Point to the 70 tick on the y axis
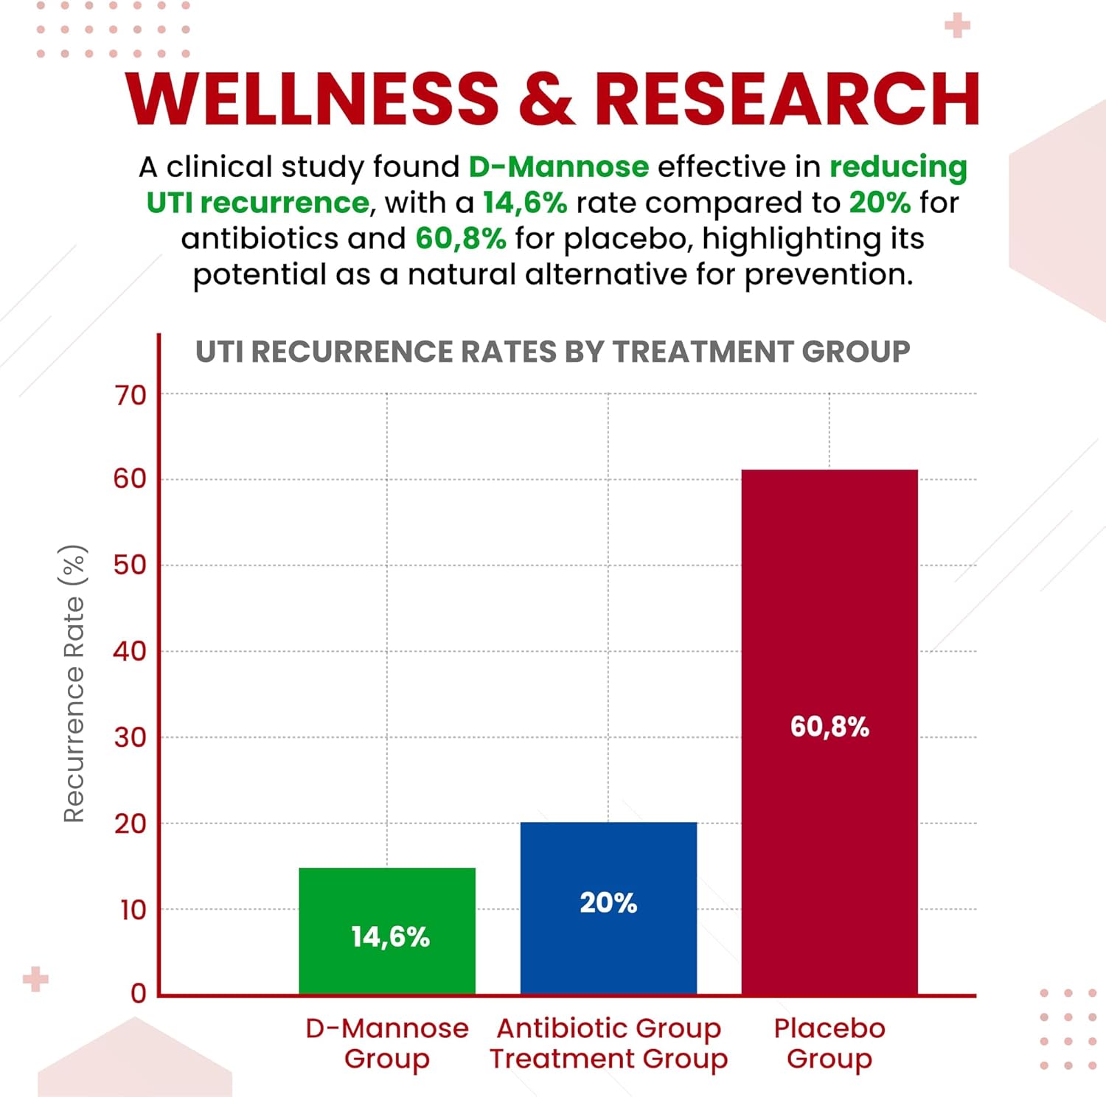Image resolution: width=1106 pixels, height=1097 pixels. [131, 396]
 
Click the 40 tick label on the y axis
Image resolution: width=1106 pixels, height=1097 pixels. [130, 652]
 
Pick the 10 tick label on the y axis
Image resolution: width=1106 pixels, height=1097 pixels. [133, 910]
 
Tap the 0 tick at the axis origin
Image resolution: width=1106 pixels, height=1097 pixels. [139, 994]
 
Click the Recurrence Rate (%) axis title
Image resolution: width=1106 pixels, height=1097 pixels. [74, 683]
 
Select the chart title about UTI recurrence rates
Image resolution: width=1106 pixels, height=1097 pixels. [552, 352]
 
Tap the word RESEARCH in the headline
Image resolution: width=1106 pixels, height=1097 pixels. [787, 100]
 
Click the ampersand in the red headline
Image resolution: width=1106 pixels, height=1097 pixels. [546, 100]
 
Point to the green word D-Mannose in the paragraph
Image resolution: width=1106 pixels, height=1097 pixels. [559, 167]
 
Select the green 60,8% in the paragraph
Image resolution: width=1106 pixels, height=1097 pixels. [461, 239]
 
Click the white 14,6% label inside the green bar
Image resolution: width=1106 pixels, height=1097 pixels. [390, 937]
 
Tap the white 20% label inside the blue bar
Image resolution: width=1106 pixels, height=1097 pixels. [608, 902]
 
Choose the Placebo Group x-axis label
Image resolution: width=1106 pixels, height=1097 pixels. [829, 1043]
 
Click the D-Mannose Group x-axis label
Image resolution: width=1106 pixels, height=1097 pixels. [387, 1043]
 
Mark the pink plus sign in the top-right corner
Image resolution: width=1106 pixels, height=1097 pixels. [957, 26]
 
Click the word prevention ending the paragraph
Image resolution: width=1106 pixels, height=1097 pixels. [828, 275]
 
